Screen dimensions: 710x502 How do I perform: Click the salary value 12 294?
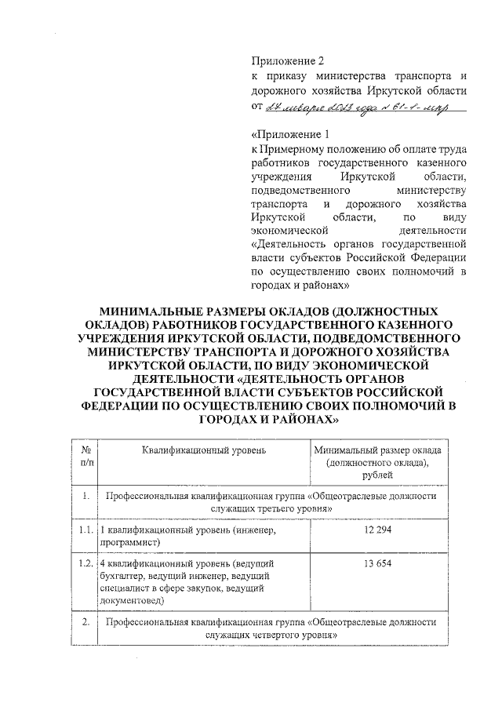pos(378,530)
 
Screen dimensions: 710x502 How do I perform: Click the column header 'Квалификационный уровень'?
pos(204,450)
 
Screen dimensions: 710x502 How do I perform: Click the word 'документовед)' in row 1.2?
pos(132,600)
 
